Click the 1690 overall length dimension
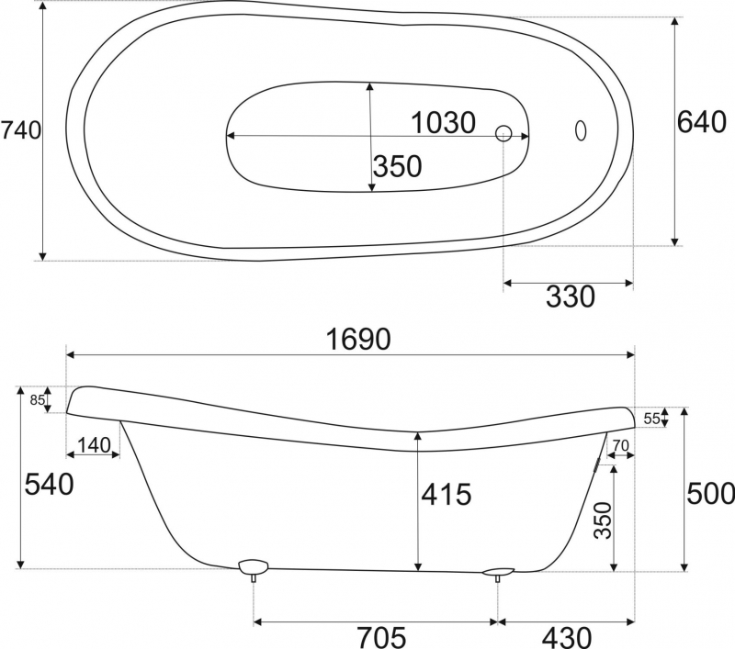coord(358,339)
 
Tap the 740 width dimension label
coord(21,130)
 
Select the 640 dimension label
coord(702,123)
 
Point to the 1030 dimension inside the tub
coord(444,123)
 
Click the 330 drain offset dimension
coord(571,297)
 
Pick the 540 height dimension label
coord(49,484)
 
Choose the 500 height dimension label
coord(710,493)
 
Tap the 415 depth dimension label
coord(447,494)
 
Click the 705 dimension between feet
coord(381,637)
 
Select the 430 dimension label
coord(567,637)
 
